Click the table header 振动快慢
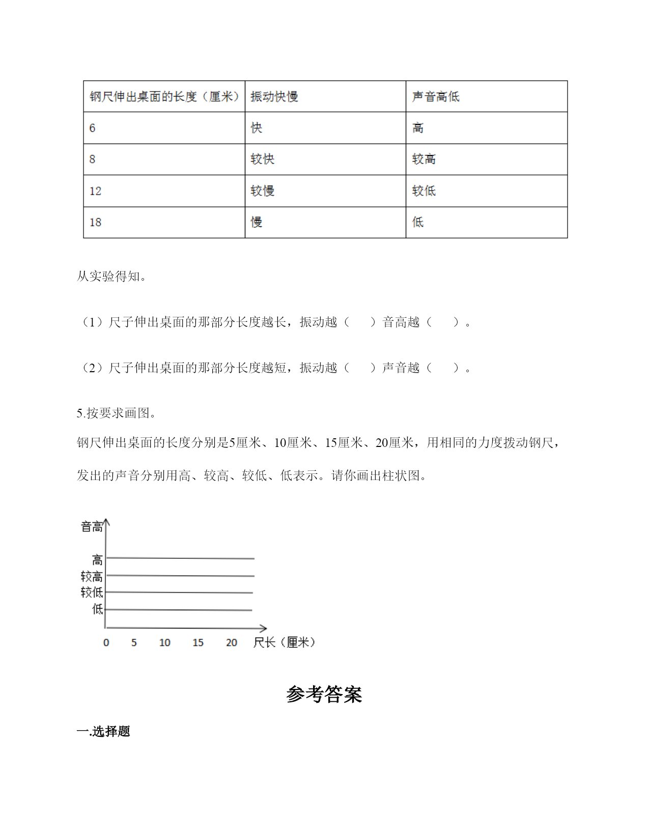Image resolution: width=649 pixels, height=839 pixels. click(x=274, y=97)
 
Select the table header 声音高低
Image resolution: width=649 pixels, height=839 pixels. click(x=435, y=97)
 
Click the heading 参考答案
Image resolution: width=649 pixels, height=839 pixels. click(x=324, y=695)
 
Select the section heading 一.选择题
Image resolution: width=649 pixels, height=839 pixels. click(x=103, y=731)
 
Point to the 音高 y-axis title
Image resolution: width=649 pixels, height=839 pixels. click(x=92, y=527)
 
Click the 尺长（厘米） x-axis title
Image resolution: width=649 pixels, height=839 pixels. click(x=284, y=643)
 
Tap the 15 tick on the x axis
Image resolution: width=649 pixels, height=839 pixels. click(x=198, y=643)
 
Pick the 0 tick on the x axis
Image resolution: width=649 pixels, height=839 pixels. click(x=106, y=643)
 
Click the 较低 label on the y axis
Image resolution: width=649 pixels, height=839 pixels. click(x=92, y=592)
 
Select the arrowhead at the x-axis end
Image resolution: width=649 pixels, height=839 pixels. click(x=264, y=628)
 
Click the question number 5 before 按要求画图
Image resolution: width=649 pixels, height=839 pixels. click(x=79, y=413)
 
